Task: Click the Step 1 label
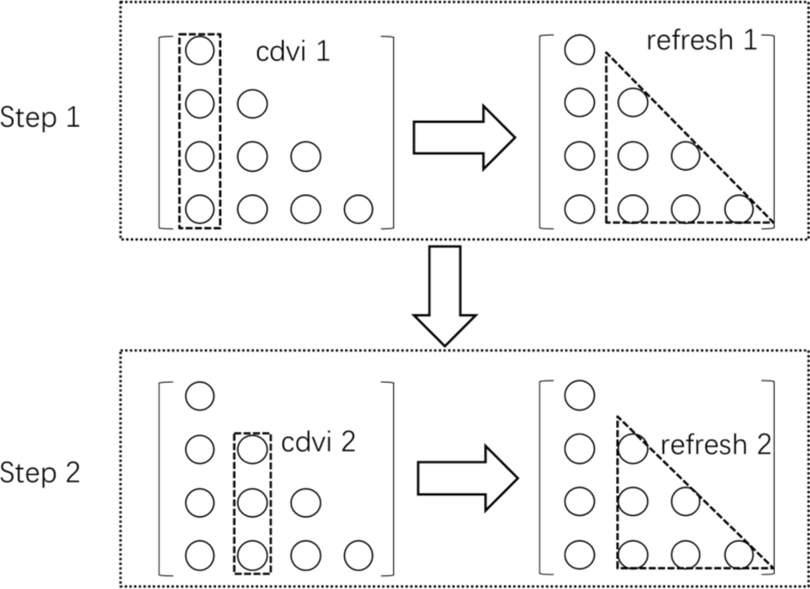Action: pyautogui.click(x=40, y=118)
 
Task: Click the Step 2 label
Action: pyautogui.click(x=40, y=472)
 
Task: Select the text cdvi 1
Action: pyautogui.click(x=293, y=52)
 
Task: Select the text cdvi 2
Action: pyautogui.click(x=317, y=443)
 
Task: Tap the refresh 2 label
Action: pyautogui.click(x=716, y=445)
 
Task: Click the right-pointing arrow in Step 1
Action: pyautogui.click(x=463, y=137)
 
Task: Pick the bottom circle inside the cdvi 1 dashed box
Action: pyautogui.click(x=199, y=209)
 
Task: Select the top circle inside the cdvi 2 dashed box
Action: pyautogui.click(x=251, y=447)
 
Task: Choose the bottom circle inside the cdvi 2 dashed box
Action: pyautogui.click(x=251, y=555)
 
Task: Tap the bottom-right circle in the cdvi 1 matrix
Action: pyautogui.click(x=358, y=209)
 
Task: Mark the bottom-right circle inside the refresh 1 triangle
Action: pyautogui.click(x=738, y=209)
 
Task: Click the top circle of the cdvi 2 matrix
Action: pyautogui.click(x=199, y=396)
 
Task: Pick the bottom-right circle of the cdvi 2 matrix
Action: pyautogui.click(x=358, y=555)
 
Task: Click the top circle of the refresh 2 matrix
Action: pyautogui.click(x=579, y=396)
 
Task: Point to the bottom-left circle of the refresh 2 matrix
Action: pyautogui.click(x=579, y=555)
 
